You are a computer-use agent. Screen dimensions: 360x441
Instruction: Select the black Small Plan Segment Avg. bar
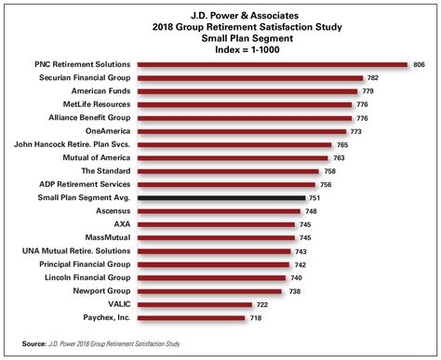(221, 198)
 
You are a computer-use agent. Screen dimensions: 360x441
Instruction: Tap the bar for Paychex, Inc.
(191, 318)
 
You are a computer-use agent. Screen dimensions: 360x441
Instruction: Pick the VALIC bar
(194, 304)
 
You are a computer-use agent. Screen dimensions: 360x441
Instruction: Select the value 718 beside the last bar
(255, 318)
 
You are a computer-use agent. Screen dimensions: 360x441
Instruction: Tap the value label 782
(372, 78)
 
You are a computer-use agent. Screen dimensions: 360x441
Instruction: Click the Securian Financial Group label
(82, 78)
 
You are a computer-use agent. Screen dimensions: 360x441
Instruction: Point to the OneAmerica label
(106, 131)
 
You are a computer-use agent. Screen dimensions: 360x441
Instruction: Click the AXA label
(122, 224)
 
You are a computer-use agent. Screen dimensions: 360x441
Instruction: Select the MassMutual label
(106, 238)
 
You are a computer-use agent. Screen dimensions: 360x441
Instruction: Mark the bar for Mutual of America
(233, 158)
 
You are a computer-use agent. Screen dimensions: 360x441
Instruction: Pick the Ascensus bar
(219, 211)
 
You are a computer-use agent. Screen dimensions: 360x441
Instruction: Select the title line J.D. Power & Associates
(220, 13)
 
